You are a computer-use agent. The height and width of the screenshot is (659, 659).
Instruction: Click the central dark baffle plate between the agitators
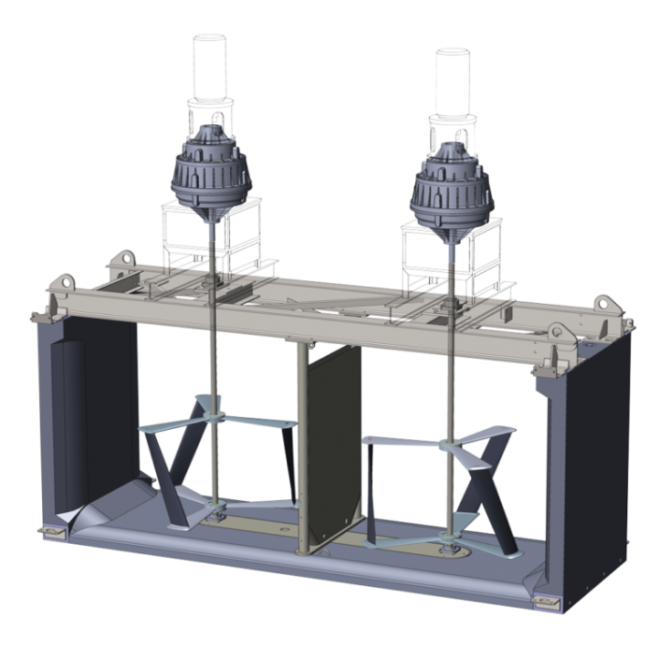tap(332, 449)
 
